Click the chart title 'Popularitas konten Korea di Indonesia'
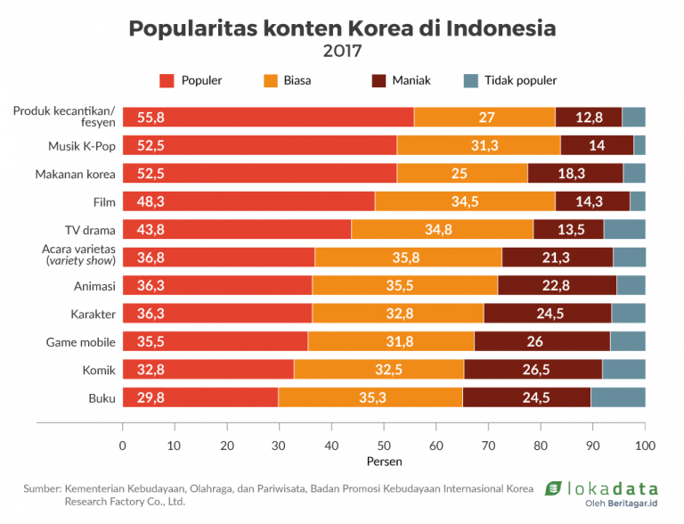coord(342,28)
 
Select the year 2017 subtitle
coord(342,51)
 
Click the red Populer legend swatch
coord(167,81)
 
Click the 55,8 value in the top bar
coord(151,117)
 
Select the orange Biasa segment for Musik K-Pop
coord(478,145)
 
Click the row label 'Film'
coord(104,201)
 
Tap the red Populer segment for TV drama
coord(236,230)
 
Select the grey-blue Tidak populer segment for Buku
coord(618,398)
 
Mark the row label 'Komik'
coord(95,370)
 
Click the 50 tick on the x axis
coord(384,445)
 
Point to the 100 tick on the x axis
coord(645,445)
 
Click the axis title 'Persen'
coord(384,462)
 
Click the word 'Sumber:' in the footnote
coord(41,489)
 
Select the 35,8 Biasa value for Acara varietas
coord(407,258)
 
